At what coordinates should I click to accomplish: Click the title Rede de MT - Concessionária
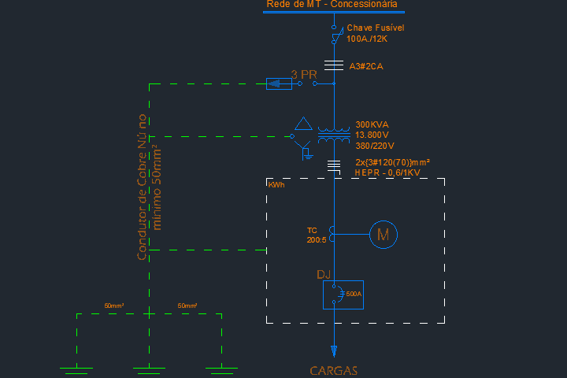tap(332, 5)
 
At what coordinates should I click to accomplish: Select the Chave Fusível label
tap(376, 28)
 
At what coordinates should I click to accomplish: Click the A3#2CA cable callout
tap(366, 66)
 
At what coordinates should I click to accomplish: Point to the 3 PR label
tap(304, 74)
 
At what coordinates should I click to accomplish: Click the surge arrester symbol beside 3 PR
tap(279, 83)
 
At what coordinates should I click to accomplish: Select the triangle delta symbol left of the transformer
tap(303, 124)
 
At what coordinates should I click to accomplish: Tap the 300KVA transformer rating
tap(372, 124)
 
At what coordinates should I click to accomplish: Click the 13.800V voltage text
tap(373, 135)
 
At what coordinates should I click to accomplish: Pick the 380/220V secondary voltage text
tap(375, 146)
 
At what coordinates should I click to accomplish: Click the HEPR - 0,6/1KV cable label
tap(387, 172)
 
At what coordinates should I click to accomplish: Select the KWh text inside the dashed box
tap(276, 185)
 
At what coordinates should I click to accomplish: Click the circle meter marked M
tap(384, 234)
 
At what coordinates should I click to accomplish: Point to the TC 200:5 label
tap(317, 235)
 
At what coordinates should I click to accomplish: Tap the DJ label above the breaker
tap(323, 274)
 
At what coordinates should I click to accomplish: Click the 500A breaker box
tap(343, 295)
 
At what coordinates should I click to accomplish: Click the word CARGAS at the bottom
tap(333, 370)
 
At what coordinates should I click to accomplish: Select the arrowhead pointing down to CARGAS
tap(333, 350)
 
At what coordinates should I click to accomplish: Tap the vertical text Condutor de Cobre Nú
tap(143, 187)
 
